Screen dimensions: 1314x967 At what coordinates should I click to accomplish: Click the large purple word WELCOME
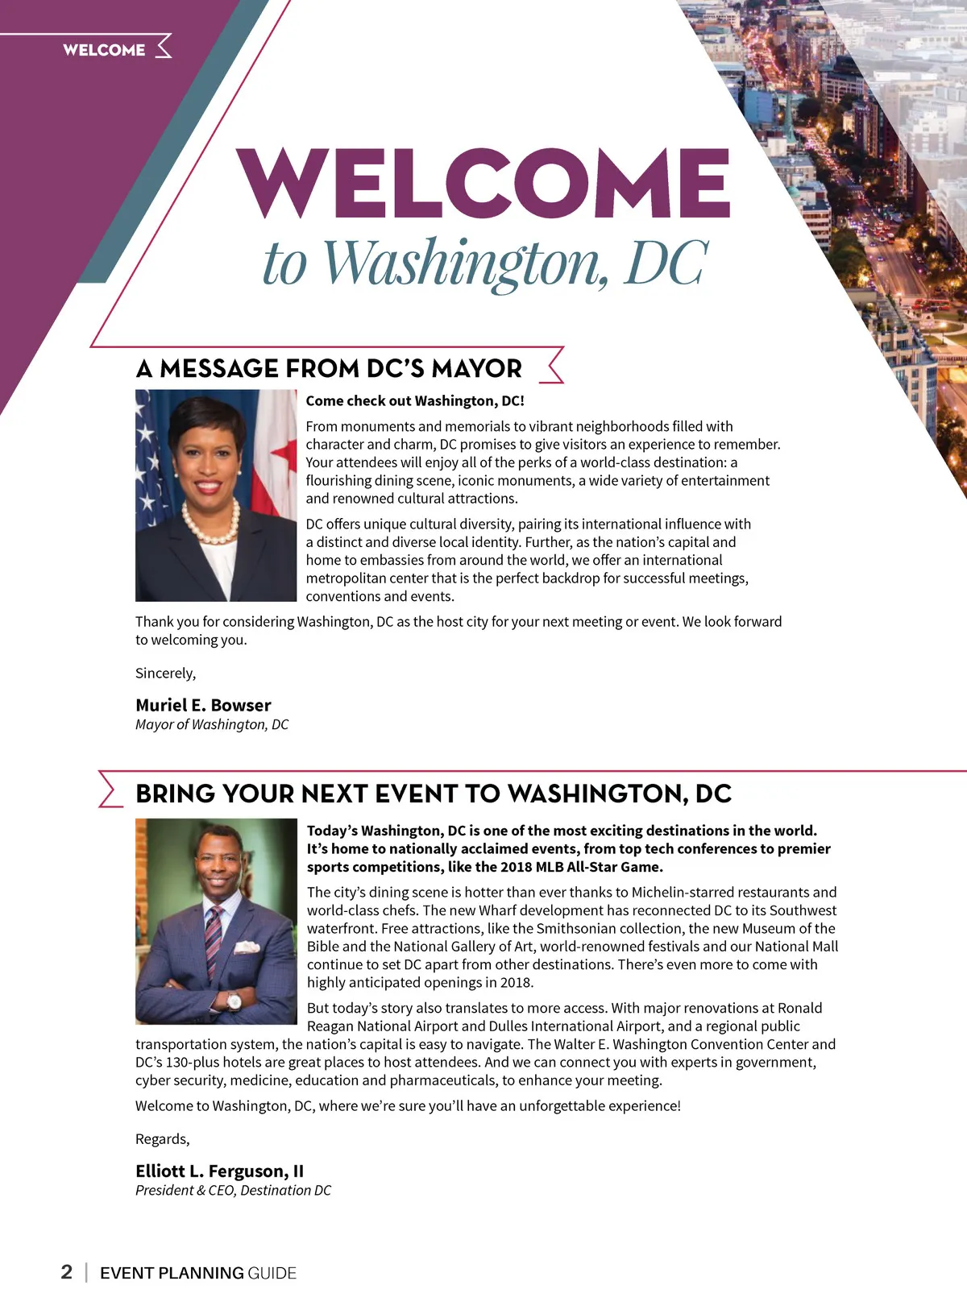483,183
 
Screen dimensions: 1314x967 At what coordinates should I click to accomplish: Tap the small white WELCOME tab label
104,50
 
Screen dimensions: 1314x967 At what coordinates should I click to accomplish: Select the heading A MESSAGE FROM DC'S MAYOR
329,369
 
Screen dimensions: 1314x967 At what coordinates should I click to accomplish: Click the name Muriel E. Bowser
203,705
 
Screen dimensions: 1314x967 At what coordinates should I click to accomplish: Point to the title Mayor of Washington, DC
212,724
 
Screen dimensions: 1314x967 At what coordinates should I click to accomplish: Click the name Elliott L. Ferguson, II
219,1171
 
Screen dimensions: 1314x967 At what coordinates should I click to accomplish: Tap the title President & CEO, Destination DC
233,1190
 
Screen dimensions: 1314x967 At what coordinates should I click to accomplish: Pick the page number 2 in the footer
67,1272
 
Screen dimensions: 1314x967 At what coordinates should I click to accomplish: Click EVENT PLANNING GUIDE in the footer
198,1273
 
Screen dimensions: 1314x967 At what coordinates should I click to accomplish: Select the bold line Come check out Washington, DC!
415,400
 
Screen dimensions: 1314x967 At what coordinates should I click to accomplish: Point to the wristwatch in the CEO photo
234,1001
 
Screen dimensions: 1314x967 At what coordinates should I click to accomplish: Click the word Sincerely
165,673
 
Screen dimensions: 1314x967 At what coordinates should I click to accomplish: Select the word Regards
162,1138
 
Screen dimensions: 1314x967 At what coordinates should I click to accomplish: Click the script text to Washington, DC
486,263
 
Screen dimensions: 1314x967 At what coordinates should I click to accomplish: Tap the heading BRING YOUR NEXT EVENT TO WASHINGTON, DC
434,794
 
